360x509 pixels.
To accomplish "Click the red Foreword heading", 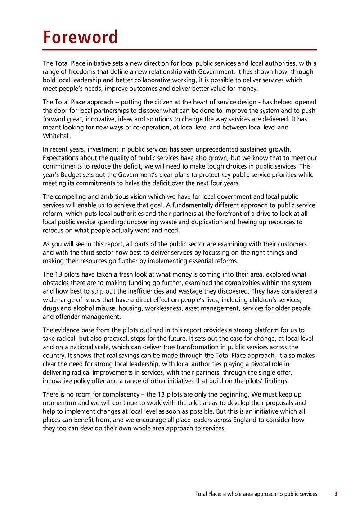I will coord(80,37).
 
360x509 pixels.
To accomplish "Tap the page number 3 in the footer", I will coord(336,494).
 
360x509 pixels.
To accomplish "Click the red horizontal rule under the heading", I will coord(180,49).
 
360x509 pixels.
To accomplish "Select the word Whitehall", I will coord(54,135).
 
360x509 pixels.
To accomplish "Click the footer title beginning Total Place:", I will coord(256,494).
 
